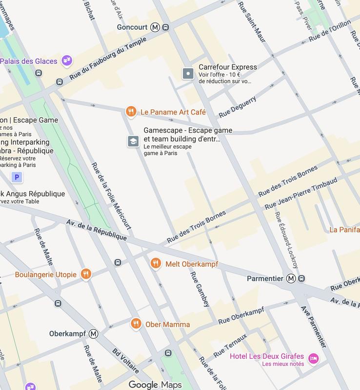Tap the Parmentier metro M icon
click(x=291, y=278)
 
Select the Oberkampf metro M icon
click(x=93, y=334)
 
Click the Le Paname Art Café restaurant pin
click(x=130, y=112)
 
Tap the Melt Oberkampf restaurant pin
click(x=155, y=264)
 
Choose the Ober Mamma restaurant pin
click(x=136, y=324)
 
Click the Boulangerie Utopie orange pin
click(x=86, y=274)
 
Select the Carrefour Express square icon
click(x=188, y=74)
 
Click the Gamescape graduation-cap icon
click(x=133, y=141)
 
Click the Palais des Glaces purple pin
click(x=67, y=61)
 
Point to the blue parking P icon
click(x=18, y=177)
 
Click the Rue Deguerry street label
click(x=238, y=107)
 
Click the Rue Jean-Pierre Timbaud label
click(x=300, y=194)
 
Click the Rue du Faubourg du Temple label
click(x=100, y=61)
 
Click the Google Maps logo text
click(x=155, y=385)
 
